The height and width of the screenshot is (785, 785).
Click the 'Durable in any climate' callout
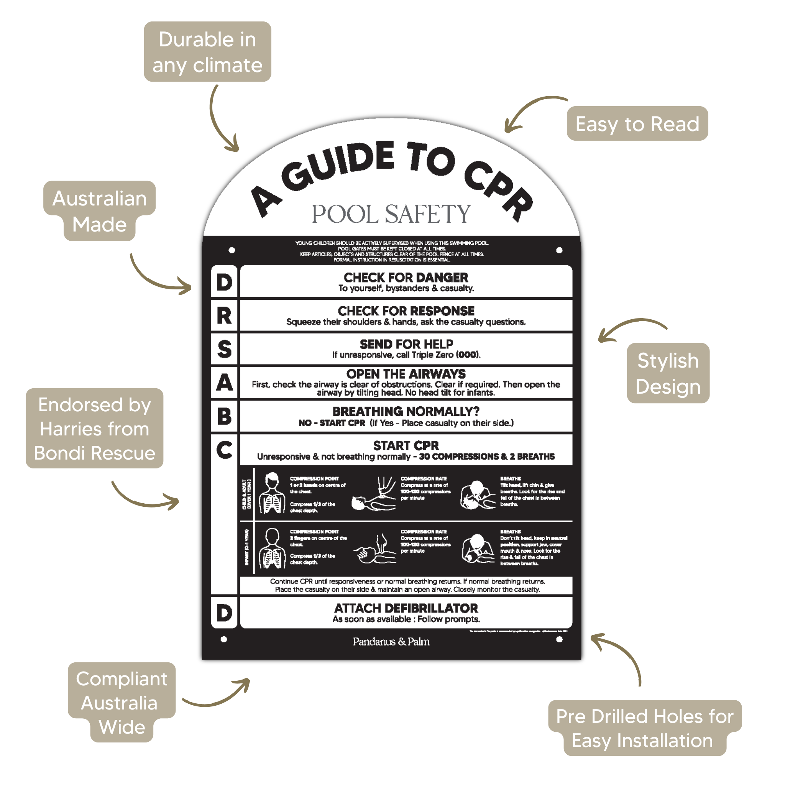click(x=207, y=52)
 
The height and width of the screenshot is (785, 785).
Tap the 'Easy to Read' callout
click(x=637, y=123)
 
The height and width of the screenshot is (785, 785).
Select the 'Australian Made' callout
click(x=100, y=211)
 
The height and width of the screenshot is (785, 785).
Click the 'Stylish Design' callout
click(x=668, y=373)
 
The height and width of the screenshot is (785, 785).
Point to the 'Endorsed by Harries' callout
click(x=94, y=428)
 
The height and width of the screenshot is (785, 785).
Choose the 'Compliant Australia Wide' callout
click(x=122, y=703)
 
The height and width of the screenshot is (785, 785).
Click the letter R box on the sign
click(x=224, y=315)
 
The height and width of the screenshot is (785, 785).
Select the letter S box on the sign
click(x=224, y=349)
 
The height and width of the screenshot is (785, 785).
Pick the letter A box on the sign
click(x=224, y=382)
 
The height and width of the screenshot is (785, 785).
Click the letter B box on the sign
click(x=224, y=416)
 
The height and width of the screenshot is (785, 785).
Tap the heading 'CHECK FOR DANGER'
click(x=406, y=278)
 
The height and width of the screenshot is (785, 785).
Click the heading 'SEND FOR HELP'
click(x=406, y=344)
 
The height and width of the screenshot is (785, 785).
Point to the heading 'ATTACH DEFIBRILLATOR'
click(x=406, y=608)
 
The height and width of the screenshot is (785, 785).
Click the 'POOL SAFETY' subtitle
click(x=391, y=214)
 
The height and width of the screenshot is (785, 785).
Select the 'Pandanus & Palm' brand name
click(x=391, y=642)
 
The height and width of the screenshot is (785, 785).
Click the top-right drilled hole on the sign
click(x=559, y=250)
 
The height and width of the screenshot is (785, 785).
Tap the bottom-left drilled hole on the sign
click(x=223, y=639)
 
